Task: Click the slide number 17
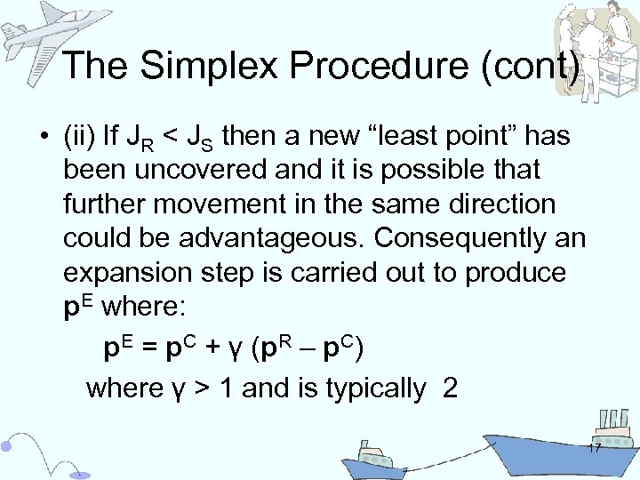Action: [x=593, y=448]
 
